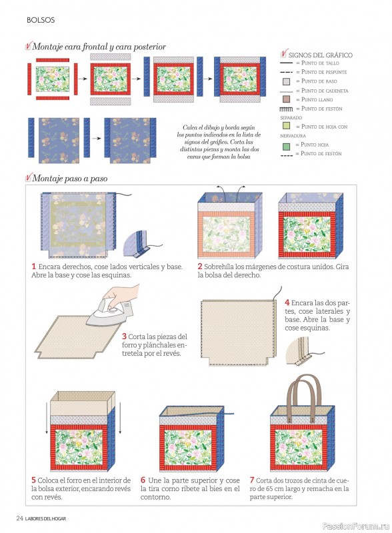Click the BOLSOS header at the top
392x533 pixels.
(x=41, y=20)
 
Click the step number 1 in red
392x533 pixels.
(x=34, y=266)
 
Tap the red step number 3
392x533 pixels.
(x=125, y=336)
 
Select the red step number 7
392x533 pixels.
(x=252, y=480)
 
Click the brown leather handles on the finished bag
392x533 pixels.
(x=304, y=398)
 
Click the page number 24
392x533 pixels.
(x=19, y=518)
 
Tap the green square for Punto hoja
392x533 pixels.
(x=286, y=147)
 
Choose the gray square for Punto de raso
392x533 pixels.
(x=286, y=81)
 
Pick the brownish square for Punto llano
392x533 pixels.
(x=286, y=99)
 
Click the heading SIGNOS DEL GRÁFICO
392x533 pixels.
(x=321, y=55)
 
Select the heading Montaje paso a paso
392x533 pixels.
(x=70, y=179)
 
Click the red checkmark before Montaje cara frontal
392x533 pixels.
(x=28, y=45)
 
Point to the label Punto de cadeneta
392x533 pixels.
(x=325, y=91)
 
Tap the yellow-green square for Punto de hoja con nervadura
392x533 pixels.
(x=286, y=125)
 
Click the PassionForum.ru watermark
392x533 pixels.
(x=355, y=526)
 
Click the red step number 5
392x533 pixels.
(x=34, y=480)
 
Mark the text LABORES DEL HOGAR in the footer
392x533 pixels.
(x=45, y=519)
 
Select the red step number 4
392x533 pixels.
(x=287, y=302)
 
